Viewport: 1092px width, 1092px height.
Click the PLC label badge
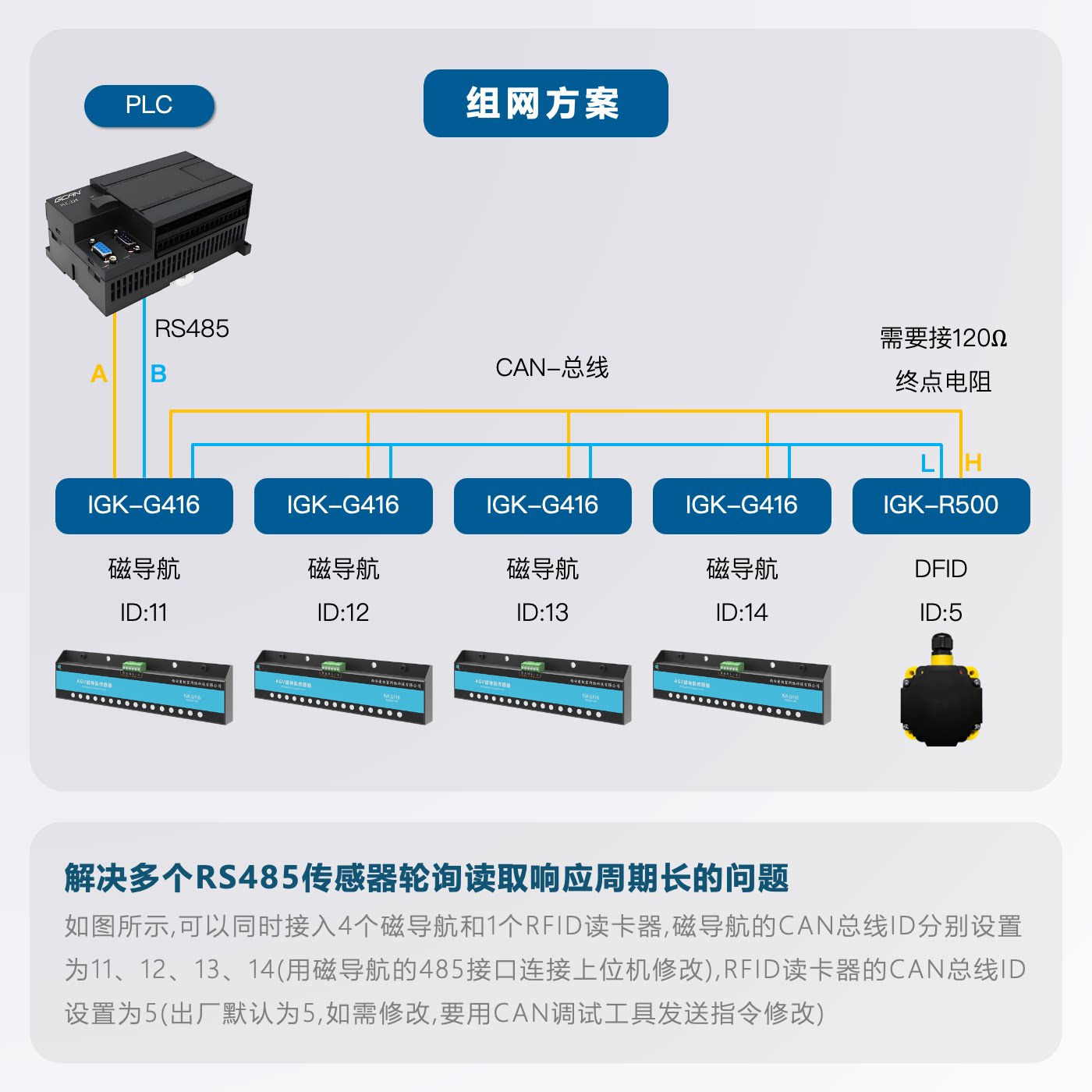tap(149, 105)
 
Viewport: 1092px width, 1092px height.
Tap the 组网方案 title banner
tap(545, 103)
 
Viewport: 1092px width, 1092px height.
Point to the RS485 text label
tap(192, 328)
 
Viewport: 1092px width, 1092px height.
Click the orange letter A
tap(99, 374)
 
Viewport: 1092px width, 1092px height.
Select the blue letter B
tap(158, 374)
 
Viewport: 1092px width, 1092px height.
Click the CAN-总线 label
tap(551, 367)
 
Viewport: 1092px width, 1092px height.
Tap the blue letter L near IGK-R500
tap(927, 463)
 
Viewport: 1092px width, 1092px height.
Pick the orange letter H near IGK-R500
tap(973, 463)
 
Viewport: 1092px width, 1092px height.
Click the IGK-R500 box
tap(941, 505)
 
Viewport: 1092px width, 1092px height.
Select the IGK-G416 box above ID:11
tap(144, 505)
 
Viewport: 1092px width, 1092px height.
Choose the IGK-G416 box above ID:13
tap(542, 505)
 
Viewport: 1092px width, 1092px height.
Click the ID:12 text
tap(342, 612)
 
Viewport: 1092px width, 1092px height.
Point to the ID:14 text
tap(741, 612)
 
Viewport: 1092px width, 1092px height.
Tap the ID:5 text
tap(941, 612)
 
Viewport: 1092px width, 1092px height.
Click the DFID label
tap(941, 569)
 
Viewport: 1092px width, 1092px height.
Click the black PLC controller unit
tap(148, 230)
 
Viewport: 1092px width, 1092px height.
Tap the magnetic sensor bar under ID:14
tap(741, 686)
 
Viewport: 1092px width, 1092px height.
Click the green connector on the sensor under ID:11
tap(133, 667)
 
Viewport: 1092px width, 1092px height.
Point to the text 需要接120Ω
tap(943, 339)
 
